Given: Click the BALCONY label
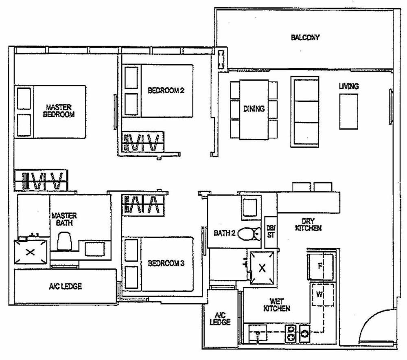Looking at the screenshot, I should tap(305, 37).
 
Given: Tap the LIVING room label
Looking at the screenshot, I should tap(349, 86).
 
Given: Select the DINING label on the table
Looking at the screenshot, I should tap(254, 109).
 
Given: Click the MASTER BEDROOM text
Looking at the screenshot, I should tap(59, 111).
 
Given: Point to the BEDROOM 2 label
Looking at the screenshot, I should tap(166, 90).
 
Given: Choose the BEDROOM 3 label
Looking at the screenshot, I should tap(166, 263).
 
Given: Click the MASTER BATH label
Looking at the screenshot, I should tap(64, 219).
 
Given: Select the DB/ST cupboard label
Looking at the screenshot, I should tap(271, 232).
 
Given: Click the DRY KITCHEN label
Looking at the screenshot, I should tap(308, 224).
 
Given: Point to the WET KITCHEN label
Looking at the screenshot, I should tap(277, 305).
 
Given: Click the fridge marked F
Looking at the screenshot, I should tap(321, 266).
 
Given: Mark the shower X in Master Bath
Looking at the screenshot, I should tap(30, 252).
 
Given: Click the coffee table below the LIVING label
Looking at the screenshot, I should tap(349, 111).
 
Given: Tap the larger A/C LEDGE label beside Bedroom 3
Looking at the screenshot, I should tap(65, 286).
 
